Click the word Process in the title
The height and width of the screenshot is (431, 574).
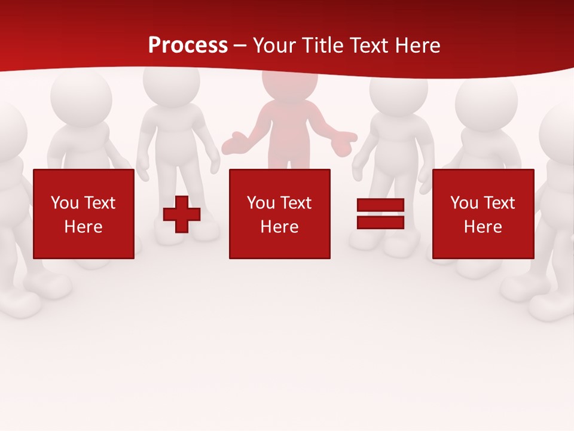click(188, 45)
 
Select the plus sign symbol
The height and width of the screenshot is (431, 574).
click(182, 214)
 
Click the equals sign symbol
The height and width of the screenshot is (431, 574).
click(380, 214)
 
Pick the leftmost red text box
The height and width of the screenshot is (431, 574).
click(84, 214)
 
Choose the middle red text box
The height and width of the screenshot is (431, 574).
click(279, 214)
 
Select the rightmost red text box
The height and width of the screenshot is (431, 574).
click(483, 214)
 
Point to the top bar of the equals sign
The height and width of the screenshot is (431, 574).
click(380, 205)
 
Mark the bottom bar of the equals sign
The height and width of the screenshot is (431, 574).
click(380, 222)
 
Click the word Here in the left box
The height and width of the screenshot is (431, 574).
click(84, 226)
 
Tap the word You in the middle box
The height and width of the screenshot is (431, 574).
click(261, 203)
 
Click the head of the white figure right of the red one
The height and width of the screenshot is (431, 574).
click(398, 90)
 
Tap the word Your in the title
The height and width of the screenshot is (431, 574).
click(274, 45)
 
